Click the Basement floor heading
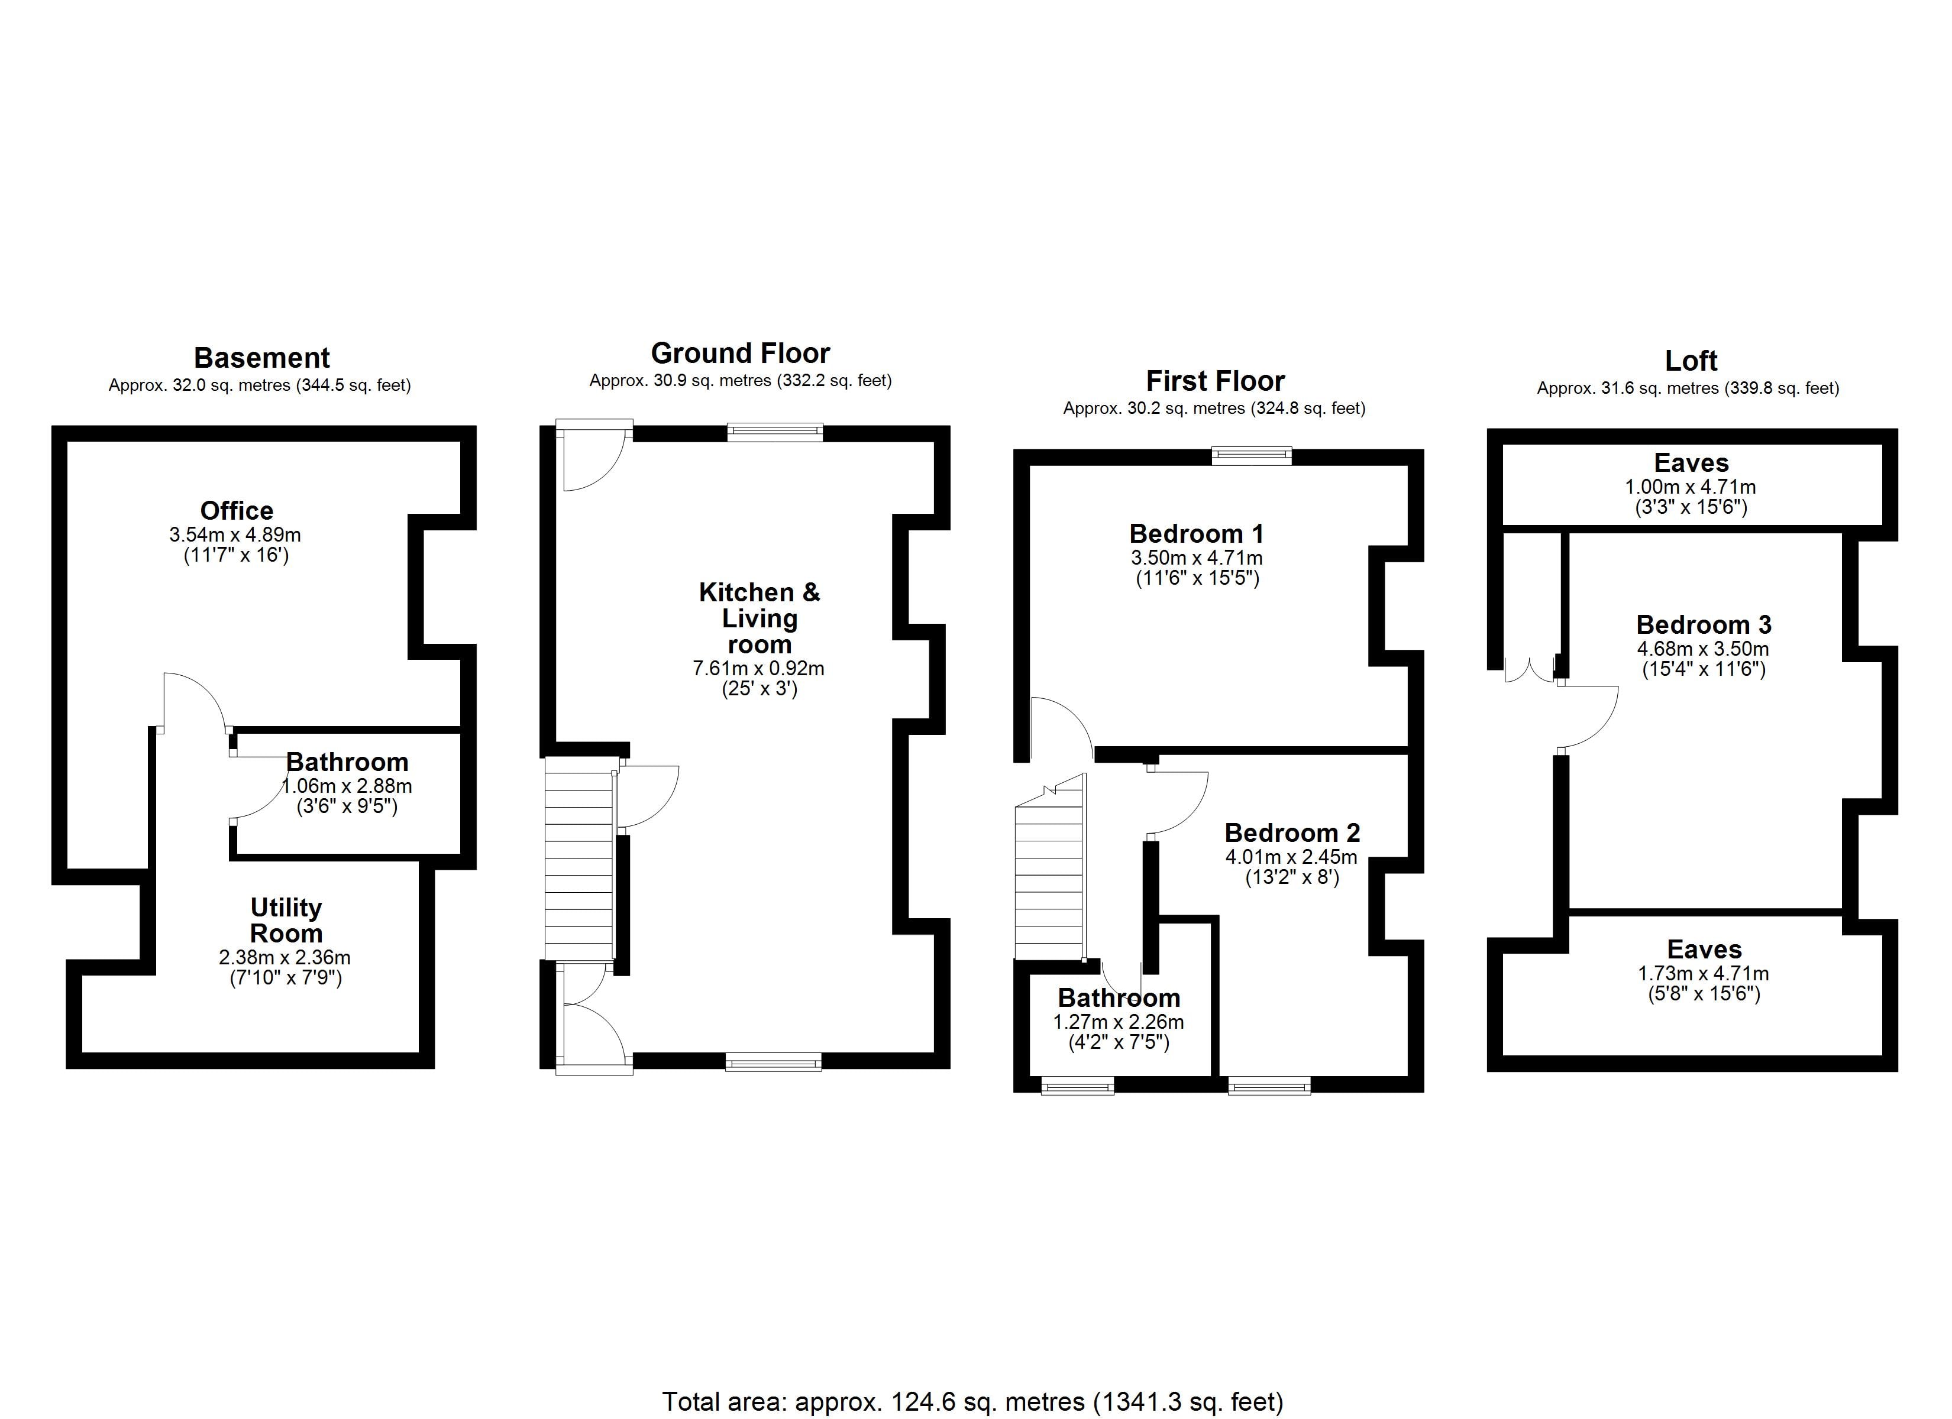pyautogui.click(x=261, y=358)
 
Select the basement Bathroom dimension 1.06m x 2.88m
pyautogui.click(x=347, y=786)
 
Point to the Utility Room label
pyautogui.click(x=286, y=920)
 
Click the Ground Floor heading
pyautogui.click(x=740, y=353)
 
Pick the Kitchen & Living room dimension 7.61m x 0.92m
pyautogui.click(x=758, y=668)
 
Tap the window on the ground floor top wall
pyautogui.click(x=775, y=432)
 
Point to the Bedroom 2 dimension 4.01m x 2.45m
pyautogui.click(x=1291, y=857)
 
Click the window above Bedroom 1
pyautogui.click(x=1252, y=455)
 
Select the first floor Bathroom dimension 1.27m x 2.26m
pyautogui.click(x=1118, y=1022)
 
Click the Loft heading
pyautogui.click(x=1691, y=361)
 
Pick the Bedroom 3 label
pyautogui.click(x=1703, y=625)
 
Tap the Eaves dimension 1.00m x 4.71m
pyautogui.click(x=1691, y=487)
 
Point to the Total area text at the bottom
pyautogui.click(x=972, y=1402)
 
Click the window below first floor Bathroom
pyautogui.click(x=1078, y=1086)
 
